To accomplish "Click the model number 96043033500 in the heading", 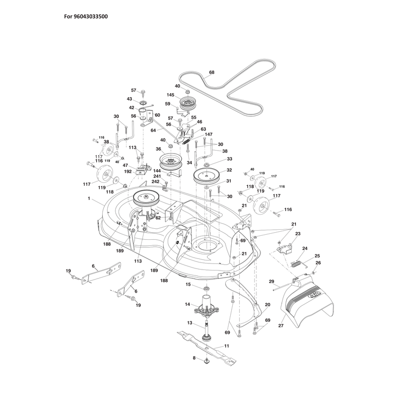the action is click(91, 17).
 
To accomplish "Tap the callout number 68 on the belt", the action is click(212, 73).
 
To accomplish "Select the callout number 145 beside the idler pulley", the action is click(170, 95).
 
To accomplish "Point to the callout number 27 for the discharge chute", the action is click(281, 325).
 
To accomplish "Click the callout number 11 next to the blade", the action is click(226, 346).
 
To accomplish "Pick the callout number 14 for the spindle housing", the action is click(187, 304).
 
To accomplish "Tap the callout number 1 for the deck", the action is click(89, 198).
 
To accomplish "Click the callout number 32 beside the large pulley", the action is click(229, 170).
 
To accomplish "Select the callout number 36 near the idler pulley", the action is click(158, 149).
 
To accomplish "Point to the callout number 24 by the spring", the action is click(305, 248).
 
